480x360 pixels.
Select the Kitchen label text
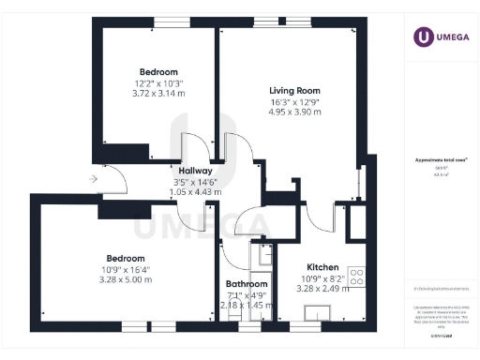pyautogui.click(x=322, y=267)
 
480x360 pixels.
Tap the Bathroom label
pyautogui.click(x=247, y=284)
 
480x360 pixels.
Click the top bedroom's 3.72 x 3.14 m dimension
pyautogui.click(x=158, y=94)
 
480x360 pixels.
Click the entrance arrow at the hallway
pyautogui.click(x=92, y=178)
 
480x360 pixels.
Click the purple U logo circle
pyautogui.click(x=424, y=37)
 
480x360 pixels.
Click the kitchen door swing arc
pyautogui.click(x=323, y=217)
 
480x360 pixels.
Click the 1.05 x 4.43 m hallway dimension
pyautogui.click(x=195, y=192)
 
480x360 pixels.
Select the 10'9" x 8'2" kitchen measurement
pyautogui.click(x=322, y=278)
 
